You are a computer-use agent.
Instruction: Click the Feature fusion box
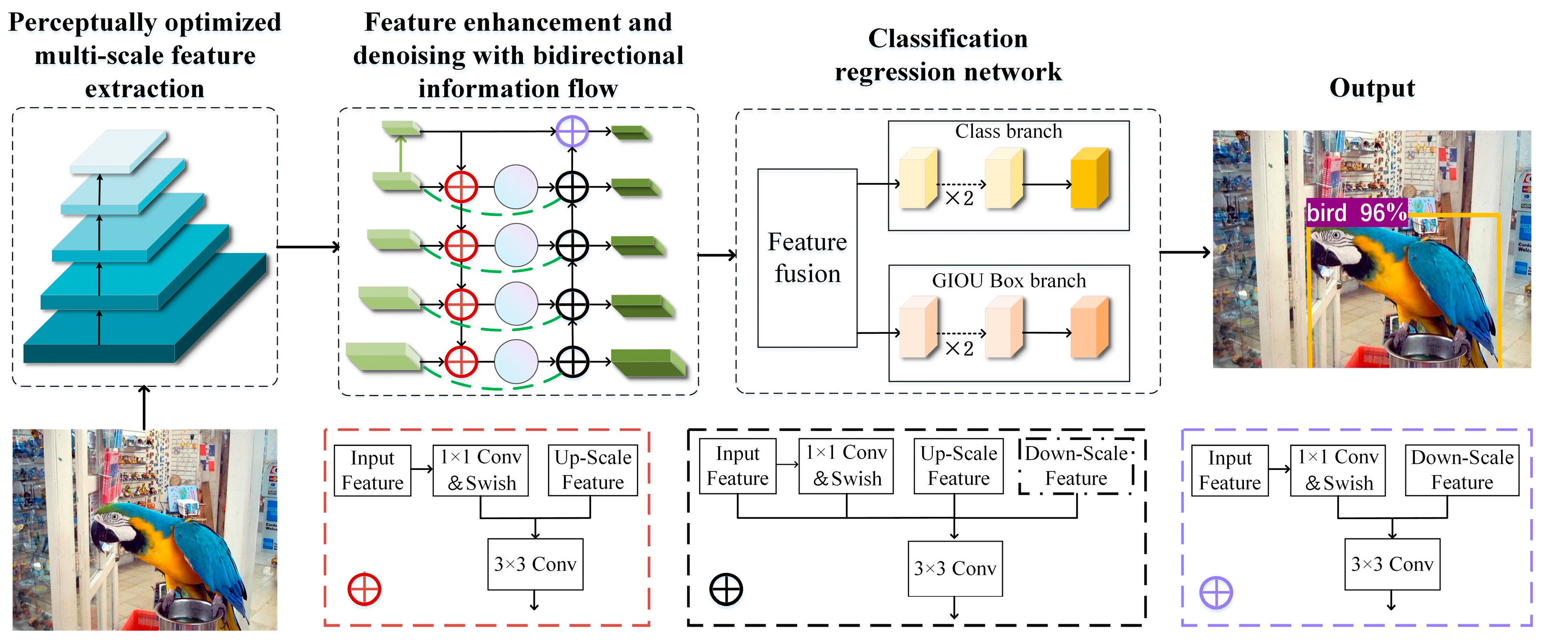[807, 258]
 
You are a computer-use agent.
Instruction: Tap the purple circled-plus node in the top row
[572, 131]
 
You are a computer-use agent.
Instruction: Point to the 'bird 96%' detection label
[1356, 213]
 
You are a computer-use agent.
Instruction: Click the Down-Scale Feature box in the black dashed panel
[1076, 466]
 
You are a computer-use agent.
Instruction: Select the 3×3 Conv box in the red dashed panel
[535, 564]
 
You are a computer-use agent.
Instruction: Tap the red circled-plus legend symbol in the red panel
[364, 588]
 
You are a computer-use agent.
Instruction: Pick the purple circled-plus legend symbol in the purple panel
[1216, 593]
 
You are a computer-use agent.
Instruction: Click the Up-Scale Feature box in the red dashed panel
[593, 470]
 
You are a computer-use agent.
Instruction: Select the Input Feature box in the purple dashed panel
[1230, 470]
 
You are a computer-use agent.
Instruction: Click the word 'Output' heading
[1372, 88]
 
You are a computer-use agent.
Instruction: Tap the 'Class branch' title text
[1008, 131]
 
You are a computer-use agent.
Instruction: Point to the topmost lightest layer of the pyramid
[118, 152]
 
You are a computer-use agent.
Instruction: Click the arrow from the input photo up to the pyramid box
[144, 407]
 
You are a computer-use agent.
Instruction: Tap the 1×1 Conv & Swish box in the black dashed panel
[846, 466]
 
